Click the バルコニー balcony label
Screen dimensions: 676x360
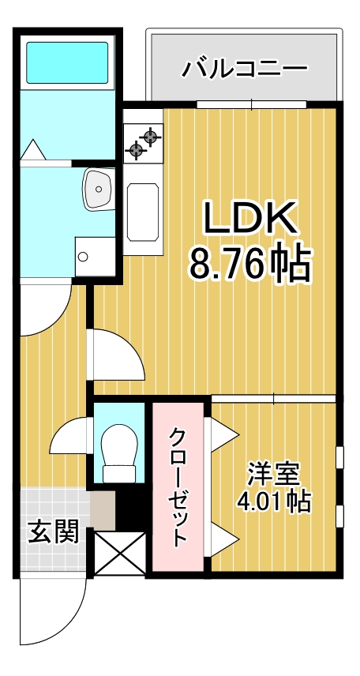(244, 68)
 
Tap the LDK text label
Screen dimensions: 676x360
(250, 220)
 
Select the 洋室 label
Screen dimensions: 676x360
(273, 476)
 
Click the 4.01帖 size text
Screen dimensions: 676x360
(273, 502)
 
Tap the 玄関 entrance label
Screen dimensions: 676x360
(54, 531)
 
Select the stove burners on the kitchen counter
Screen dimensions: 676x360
(143, 141)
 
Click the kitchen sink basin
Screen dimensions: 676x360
(143, 210)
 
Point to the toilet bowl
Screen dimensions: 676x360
(120, 446)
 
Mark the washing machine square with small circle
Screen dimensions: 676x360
(95, 254)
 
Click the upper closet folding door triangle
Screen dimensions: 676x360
(223, 433)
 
